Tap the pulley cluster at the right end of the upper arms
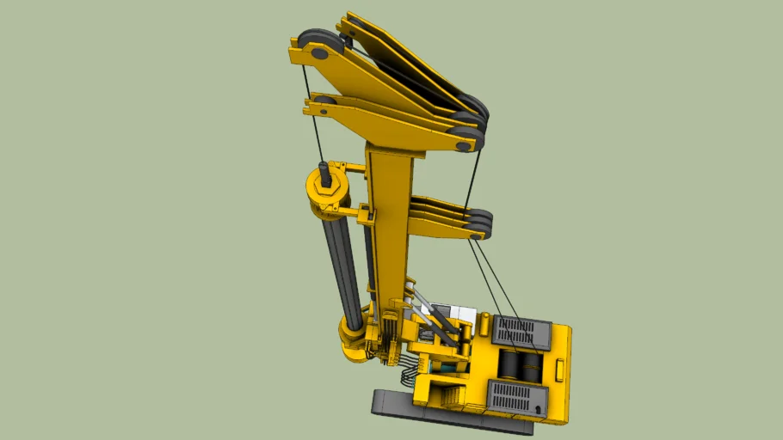click(x=470, y=120)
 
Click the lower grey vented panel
click(x=518, y=398)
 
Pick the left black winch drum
click(x=512, y=367)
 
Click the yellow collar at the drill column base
click(x=352, y=331)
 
